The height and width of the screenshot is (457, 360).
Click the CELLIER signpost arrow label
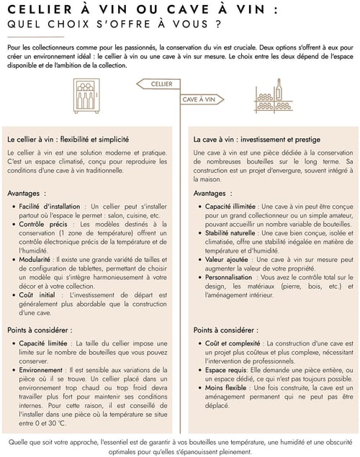(x=161, y=84)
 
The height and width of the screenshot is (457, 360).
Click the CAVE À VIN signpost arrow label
(x=199, y=99)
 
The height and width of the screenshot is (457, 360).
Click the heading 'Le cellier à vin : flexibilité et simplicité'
(x=68, y=139)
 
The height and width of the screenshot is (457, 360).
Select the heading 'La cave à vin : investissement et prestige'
(x=257, y=139)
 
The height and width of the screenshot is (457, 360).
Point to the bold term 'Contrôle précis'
(x=43, y=225)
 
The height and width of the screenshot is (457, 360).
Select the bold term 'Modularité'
(x=37, y=259)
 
